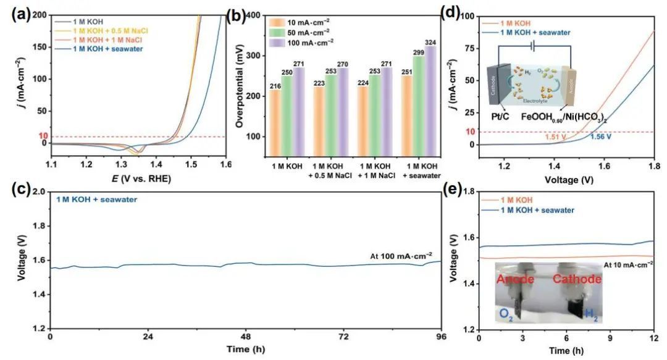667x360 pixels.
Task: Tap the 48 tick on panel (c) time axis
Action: coord(246,338)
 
